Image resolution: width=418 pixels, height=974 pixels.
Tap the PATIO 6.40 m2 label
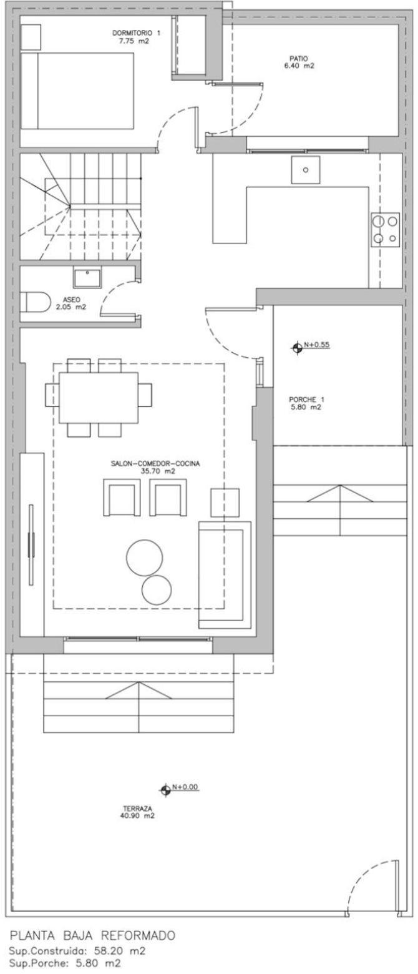298,62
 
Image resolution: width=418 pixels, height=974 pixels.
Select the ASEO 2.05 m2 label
72,303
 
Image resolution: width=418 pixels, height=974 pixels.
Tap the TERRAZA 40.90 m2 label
137,812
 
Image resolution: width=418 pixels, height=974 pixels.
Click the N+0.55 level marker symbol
297,347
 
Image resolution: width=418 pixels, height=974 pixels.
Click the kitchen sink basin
306,170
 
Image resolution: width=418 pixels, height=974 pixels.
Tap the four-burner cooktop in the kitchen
386,229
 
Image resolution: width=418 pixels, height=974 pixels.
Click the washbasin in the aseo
87,278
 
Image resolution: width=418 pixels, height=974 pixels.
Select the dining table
99,397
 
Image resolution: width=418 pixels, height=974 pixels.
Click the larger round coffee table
144,557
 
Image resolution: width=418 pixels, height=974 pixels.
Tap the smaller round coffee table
157,589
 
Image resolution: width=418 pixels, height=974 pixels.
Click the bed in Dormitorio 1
77,91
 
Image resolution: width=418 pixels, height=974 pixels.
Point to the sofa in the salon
225,574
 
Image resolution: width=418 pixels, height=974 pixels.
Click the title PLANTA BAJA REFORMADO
92,935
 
